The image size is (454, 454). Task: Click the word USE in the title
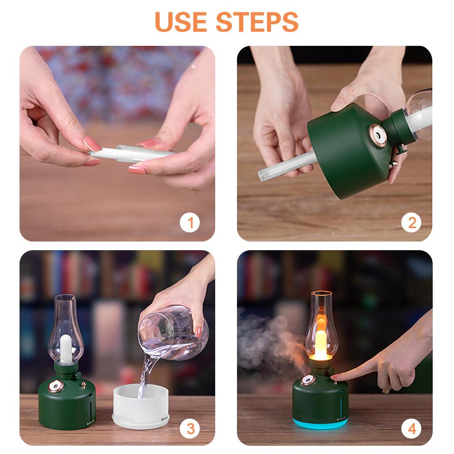[x=182, y=21]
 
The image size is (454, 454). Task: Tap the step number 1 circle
[x=190, y=222]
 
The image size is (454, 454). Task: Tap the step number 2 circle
[x=412, y=222]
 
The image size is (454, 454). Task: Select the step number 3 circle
[x=190, y=428]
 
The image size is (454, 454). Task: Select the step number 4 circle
[x=412, y=428]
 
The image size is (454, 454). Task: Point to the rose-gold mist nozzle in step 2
[x=377, y=134]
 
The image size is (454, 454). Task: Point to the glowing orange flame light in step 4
[x=321, y=343]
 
